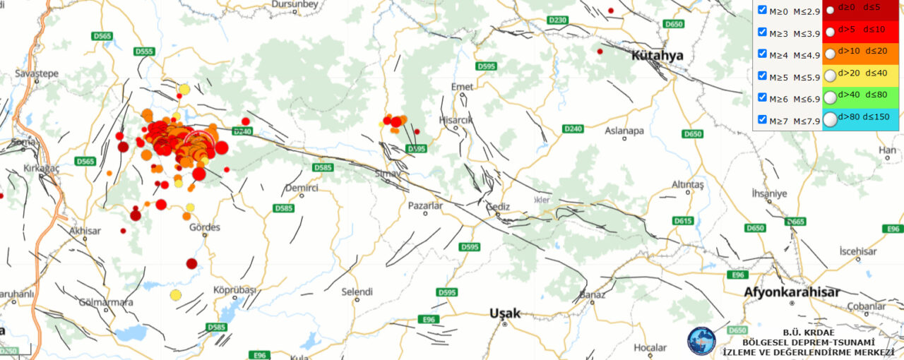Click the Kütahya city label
coord(658,55)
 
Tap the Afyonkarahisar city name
coord(791,292)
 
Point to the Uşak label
coord(505,313)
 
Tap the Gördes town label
coord(205,227)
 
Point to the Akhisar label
coord(86,230)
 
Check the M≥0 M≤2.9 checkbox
coord(762,10)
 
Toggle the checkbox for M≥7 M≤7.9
coord(762,119)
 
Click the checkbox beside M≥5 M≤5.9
coord(762,76)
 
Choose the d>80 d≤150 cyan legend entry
coord(860,119)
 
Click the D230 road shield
coord(558,20)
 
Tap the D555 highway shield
coord(144,52)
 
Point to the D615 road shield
coord(683,221)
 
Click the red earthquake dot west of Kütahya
coord(600,52)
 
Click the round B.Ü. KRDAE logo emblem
coord(701,340)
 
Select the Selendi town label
coord(357,292)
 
